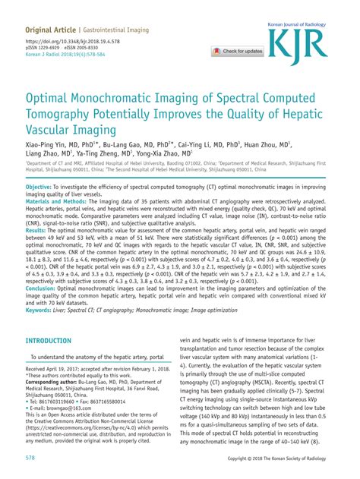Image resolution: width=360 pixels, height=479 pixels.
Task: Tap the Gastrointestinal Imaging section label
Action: pyautogui.click(x=122, y=29)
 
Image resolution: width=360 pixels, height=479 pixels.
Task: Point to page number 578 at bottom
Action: pyautogui.click(x=31, y=459)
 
